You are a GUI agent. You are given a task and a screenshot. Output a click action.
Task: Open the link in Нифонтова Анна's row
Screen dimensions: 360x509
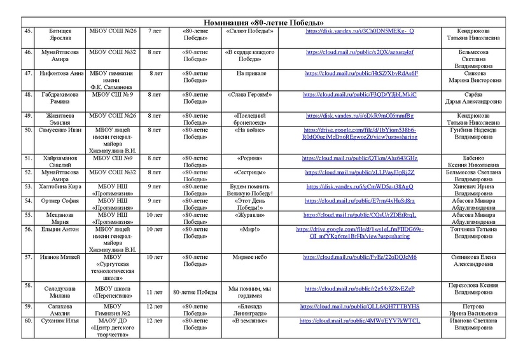click(x=361, y=73)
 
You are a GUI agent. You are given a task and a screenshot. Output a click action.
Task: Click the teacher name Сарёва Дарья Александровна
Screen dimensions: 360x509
click(x=474, y=98)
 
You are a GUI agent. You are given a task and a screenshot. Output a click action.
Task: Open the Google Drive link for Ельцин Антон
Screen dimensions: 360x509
click(x=361, y=232)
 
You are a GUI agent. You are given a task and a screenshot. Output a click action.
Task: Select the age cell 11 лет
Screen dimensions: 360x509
click(x=154, y=291)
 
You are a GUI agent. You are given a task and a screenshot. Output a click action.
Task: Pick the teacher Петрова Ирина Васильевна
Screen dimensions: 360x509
click(x=474, y=310)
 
